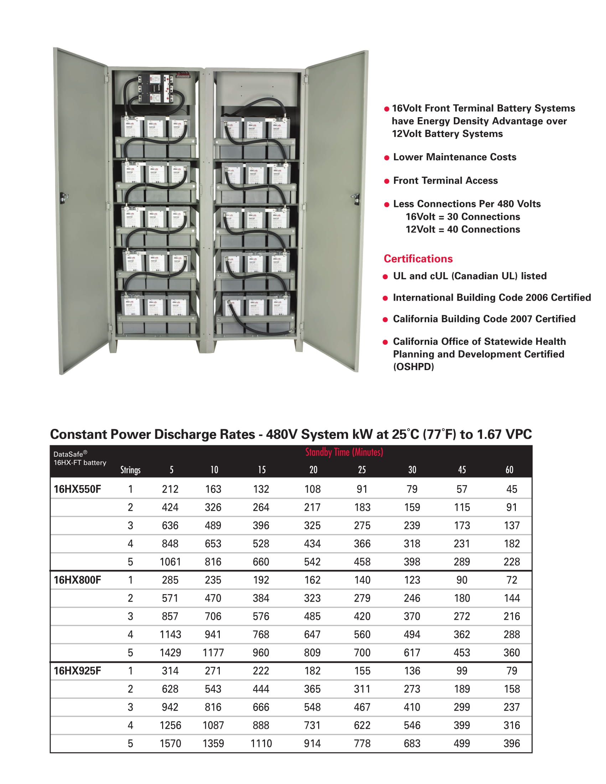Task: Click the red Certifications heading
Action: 418,259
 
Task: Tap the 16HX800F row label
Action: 77,580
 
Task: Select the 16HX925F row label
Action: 77,671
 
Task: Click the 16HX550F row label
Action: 77,489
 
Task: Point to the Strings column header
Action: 130,470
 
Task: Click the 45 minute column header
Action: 462,470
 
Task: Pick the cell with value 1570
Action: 170,743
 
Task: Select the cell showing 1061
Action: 170,562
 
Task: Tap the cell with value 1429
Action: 170,653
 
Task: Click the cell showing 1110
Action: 261,743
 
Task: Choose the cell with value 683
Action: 412,743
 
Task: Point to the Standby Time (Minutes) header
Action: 344,452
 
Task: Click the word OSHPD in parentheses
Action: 414,367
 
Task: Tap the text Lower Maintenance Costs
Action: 455,157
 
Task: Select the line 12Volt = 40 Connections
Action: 463,229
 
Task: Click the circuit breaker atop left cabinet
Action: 154,89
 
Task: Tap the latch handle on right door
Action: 356,198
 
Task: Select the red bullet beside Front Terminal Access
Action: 387,181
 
